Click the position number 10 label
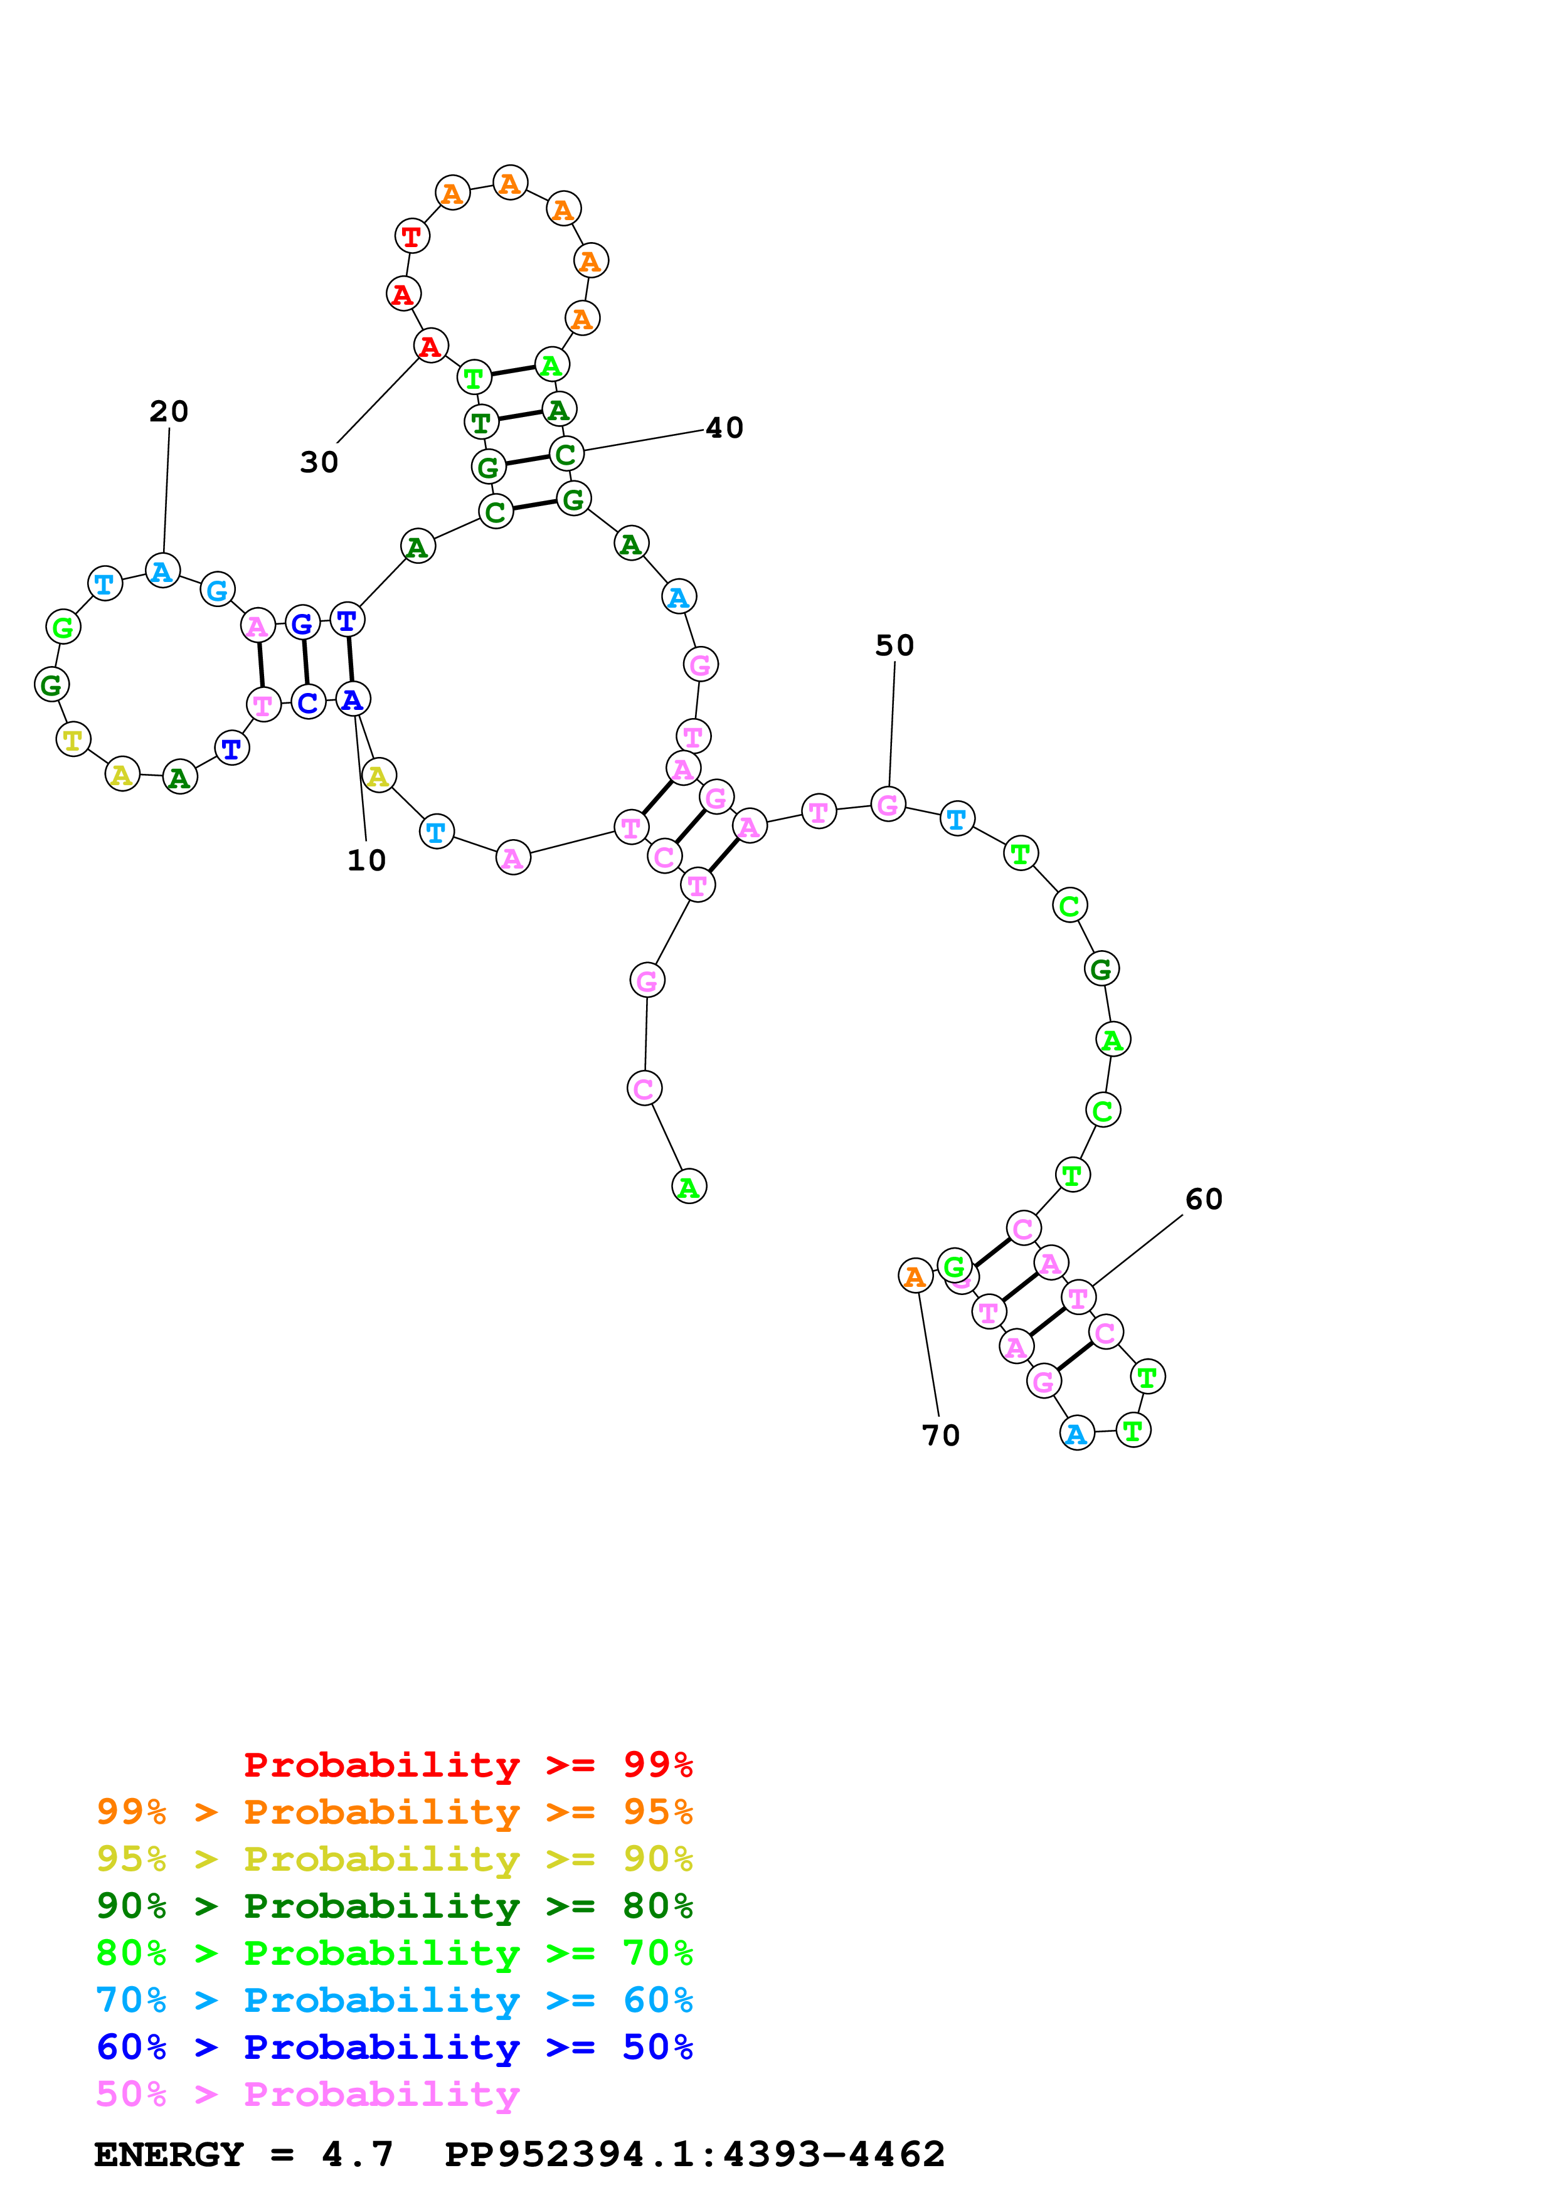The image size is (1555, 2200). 366,860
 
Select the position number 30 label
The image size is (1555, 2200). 319,463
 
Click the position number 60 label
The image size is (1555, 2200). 1203,1200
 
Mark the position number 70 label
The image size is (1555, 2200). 940,1436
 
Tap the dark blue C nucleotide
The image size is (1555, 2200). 307,702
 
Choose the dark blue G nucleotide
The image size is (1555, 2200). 302,624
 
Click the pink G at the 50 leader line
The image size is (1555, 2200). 888,804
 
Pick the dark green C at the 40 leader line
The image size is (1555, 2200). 566,453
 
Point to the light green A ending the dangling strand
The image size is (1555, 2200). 689,1187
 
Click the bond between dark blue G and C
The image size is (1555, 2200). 305,663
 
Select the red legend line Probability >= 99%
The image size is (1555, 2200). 467,1765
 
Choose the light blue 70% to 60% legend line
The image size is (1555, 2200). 394,2000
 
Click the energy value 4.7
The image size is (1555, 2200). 358,2155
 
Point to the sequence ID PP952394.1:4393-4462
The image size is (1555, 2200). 694,2155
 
